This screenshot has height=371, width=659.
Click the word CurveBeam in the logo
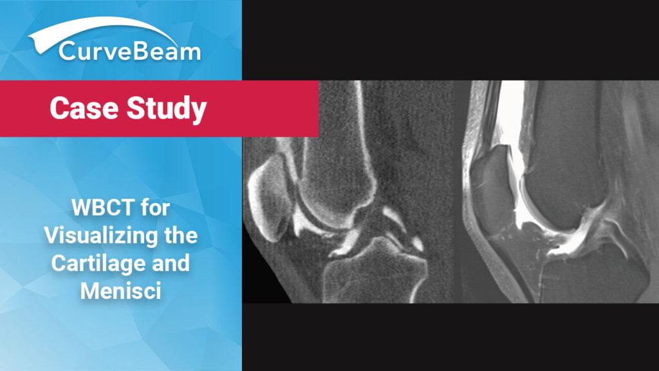129,51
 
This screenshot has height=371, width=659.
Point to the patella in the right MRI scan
489,174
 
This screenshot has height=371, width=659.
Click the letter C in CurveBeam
67,51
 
